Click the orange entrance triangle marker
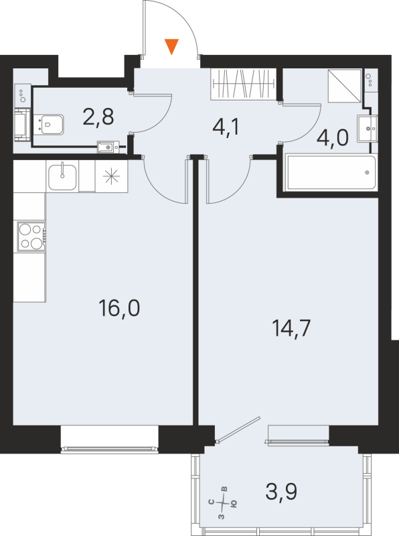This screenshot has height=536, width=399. point(172,46)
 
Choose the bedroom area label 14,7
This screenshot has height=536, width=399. point(293,328)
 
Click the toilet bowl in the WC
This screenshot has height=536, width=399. point(51,123)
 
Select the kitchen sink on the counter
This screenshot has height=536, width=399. point(63,177)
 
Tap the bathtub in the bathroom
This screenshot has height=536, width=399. point(331,173)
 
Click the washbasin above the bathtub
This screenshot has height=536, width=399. point(367,127)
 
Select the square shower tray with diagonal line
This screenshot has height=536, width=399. point(345,85)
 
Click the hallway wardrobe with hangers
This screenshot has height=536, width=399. point(244,84)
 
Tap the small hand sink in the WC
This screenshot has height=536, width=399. point(108,145)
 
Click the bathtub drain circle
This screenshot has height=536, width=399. point(367,172)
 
